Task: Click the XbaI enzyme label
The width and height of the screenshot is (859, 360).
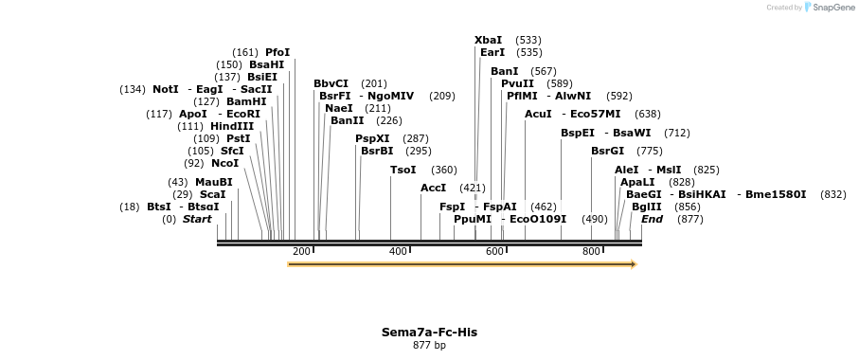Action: pos(488,40)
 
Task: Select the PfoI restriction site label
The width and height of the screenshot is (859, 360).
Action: pos(277,52)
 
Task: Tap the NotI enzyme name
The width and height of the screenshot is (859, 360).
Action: pos(165,89)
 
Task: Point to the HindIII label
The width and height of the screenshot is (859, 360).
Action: pos(232,126)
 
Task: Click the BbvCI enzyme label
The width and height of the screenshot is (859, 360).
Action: pos(331,83)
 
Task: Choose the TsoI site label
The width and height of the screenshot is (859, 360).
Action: pos(403,170)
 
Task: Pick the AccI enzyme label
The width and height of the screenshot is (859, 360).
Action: pos(433,188)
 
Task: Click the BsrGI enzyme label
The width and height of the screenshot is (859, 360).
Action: pos(607,151)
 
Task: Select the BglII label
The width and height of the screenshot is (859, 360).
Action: pos(646,207)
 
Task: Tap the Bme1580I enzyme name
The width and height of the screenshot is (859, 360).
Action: pos(776,194)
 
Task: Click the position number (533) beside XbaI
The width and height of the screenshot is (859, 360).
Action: pos(528,40)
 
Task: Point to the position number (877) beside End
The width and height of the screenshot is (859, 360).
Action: pos(690,219)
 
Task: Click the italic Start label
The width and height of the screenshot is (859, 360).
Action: pos(197,219)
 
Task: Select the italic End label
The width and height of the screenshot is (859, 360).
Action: pos(652,219)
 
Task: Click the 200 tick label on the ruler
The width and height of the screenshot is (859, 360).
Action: pos(301,251)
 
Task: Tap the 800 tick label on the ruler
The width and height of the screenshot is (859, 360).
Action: pos(591,251)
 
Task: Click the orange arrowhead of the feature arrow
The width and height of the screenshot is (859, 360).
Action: pos(634,264)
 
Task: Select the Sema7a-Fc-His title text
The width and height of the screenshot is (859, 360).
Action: pos(429,333)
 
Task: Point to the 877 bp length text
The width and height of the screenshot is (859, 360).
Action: pos(429,345)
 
